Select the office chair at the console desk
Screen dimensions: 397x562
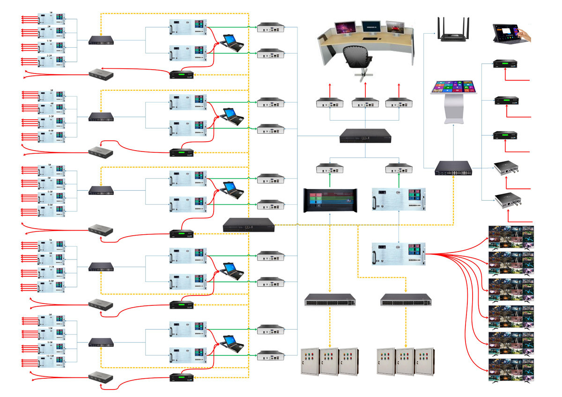(357, 58)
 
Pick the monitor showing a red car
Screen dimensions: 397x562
(394, 28)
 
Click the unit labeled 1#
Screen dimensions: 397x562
(51, 20)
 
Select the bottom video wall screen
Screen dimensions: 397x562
(511, 370)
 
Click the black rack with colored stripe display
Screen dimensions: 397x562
(330, 201)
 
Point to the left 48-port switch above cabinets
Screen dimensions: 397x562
(330, 299)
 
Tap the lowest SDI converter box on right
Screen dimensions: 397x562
(507, 202)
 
